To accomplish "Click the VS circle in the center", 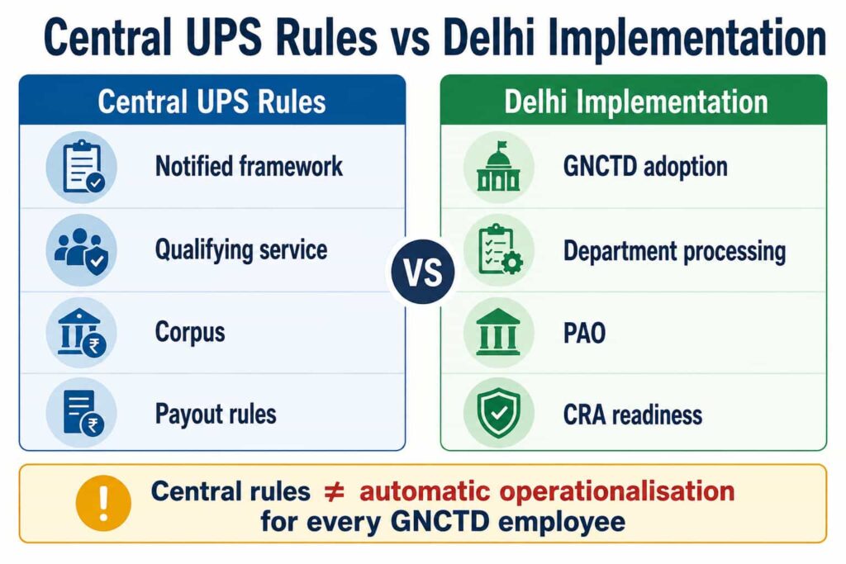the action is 423,271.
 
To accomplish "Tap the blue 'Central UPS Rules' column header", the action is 212,100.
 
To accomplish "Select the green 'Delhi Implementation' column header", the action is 634,100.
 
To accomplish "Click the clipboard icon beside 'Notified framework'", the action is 82,167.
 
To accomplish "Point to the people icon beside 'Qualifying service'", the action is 82,249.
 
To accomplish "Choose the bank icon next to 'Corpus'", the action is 82,332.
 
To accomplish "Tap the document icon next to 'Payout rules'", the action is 82,414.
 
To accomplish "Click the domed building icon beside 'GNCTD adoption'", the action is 498,167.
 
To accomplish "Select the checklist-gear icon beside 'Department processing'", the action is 498,249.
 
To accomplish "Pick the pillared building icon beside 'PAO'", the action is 498,332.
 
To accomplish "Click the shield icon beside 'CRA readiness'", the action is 498,414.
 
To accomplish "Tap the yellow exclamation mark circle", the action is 103,503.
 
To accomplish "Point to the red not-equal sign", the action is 334,492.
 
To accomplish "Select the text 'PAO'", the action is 584,333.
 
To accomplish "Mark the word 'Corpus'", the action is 190,333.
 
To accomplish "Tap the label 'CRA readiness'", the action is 633,415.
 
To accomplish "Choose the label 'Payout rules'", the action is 216,415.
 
